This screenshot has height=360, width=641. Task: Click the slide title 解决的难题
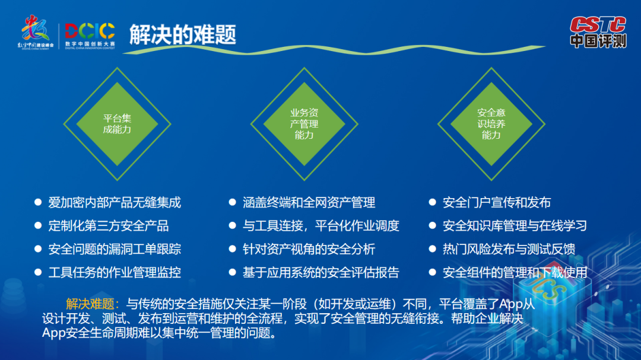coord(183,34)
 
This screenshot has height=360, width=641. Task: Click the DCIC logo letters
coord(90,31)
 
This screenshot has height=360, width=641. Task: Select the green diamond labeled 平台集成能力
coord(118,124)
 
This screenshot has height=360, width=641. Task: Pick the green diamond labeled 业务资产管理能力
coord(304,124)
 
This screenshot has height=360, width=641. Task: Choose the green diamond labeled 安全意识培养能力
coord(491,124)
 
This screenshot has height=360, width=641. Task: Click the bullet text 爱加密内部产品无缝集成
coord(115,203)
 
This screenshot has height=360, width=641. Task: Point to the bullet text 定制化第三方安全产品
coord(109,226)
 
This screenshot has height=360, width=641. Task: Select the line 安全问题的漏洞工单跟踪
coord(115,249)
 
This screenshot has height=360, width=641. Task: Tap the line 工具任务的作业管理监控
coord(115,273)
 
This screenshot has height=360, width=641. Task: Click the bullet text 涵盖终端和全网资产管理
coord(309,203)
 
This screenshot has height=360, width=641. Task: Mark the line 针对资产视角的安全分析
coord(309,249)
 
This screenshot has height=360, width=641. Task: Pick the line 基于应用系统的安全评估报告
coord(321,273)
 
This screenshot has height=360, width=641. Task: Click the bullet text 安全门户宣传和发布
coord(497,203)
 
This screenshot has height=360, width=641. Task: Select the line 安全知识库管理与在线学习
coord(515,226)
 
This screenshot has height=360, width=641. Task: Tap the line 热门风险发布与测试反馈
coord(509,249)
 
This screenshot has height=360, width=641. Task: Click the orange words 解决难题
coord(90,304)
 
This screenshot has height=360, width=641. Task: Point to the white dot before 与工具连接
coord(233,225)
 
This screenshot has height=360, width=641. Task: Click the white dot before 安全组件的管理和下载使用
coord(433,272)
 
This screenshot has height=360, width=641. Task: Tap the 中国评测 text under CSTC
coord(598,41)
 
